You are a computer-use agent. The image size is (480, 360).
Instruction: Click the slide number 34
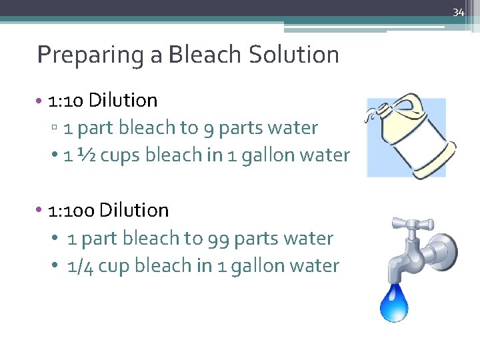tap(458, 13)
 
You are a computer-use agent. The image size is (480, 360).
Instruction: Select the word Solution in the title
tap(293, 54)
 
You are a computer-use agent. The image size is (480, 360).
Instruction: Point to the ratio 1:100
tap(71, 211)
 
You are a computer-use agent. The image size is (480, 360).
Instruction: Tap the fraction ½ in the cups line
tap(85, 155)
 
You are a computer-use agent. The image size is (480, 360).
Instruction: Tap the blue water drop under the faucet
tap(393, 303)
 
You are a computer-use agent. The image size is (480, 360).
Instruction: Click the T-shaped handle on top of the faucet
tap(404, 225)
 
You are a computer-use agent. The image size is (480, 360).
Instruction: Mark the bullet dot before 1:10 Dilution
tap(41, 101)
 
